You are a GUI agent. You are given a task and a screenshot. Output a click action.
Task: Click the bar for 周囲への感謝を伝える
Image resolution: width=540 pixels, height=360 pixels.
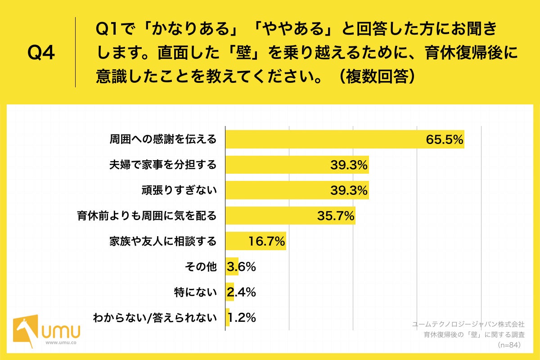coord(324,139)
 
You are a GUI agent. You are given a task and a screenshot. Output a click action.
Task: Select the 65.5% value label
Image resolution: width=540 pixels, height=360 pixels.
coord(445,139)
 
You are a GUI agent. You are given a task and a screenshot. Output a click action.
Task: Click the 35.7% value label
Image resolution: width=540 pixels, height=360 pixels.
coord(336,216)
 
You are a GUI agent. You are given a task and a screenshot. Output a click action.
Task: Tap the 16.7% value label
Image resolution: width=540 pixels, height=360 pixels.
coord(267,242)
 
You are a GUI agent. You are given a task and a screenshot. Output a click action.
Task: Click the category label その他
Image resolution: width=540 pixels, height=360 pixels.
coord(201,267)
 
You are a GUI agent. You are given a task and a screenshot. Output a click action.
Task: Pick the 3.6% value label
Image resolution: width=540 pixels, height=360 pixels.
coord(242,267)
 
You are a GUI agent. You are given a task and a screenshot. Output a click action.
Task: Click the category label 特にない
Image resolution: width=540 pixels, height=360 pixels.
coord(195,292)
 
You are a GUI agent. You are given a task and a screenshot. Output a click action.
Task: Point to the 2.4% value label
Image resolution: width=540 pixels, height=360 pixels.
coord(242,292)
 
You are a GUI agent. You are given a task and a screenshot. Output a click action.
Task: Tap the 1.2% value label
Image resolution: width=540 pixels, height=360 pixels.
coord(242,318)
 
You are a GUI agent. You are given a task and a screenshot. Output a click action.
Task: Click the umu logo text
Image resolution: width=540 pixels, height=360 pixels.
coord(61,332)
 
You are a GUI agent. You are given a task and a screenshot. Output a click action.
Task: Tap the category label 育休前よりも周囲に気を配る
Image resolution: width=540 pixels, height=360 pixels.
coord(146,216)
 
